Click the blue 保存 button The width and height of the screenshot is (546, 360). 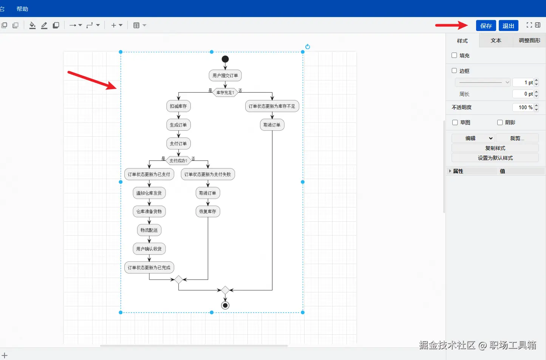486,26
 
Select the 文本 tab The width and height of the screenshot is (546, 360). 496,40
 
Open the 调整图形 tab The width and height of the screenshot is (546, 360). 529,40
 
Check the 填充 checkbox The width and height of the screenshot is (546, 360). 454,56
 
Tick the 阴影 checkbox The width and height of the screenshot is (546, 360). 500,122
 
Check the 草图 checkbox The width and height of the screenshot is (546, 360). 455,122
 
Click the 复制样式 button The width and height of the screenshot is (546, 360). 495,148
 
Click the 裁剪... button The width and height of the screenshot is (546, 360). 517,138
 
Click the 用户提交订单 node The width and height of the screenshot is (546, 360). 225,76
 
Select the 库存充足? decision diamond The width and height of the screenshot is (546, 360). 225,93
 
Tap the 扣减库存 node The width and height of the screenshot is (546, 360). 178,106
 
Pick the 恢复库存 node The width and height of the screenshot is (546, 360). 208,212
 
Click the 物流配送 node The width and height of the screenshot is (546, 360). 149,230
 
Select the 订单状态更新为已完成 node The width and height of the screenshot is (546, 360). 149,267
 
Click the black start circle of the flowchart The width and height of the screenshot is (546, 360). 225,59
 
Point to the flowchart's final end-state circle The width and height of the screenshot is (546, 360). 225,305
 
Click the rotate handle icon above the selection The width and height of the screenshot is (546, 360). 308,47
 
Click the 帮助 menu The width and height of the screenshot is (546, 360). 22,9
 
